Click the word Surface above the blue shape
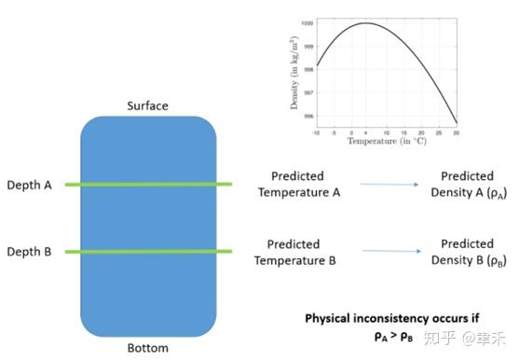click(x=147, y=105)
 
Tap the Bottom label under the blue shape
click(x=147, y=349)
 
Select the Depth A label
click(x=29, y=185)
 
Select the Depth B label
click(x=29, y=252)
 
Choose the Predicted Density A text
click(x=467, y=184)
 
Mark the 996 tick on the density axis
click(x=307, y=117)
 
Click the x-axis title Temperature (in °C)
click(x=387, y=142)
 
